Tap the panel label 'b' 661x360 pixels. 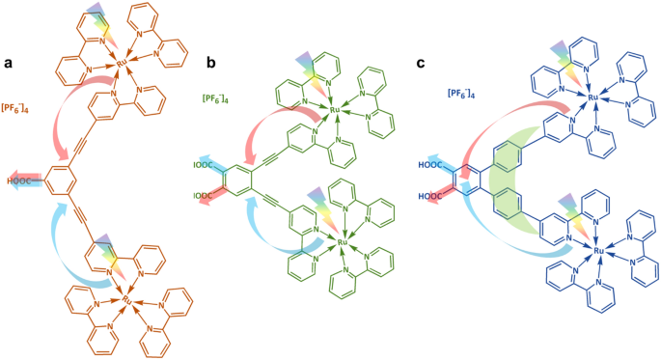[211, 64]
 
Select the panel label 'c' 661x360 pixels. [420, 64]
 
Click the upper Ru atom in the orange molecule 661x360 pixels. [123, 64]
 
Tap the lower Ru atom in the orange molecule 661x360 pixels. [126, 300]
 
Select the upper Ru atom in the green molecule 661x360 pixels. [335, 111]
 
